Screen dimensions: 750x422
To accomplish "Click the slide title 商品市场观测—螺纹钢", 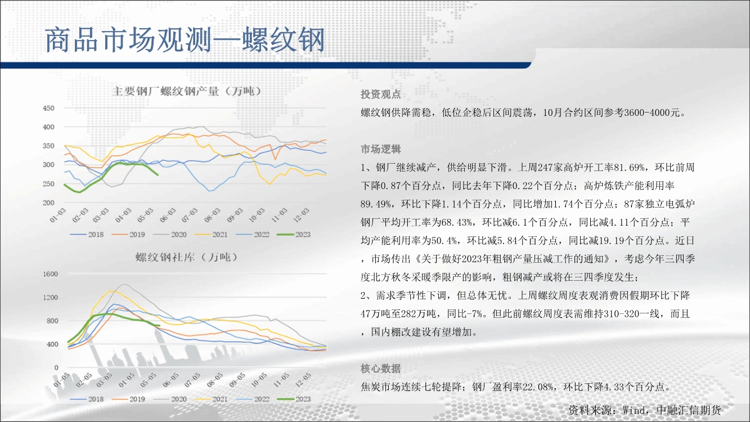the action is tap(185, 40).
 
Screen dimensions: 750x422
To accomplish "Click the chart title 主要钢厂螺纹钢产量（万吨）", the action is tap(187, 91).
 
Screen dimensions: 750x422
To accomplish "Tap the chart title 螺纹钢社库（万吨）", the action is tap(187, 257).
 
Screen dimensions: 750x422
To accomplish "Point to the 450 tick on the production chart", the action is tap(48, 108).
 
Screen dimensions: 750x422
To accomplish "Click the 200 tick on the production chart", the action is tap(48, 203).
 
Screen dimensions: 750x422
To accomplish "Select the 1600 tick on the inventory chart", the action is tap(51, 274).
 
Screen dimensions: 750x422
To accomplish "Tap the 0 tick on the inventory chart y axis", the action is tap(56, 367).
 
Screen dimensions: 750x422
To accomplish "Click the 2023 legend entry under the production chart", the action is tap(294, 235).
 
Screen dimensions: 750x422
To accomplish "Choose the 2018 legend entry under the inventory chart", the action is tap(87, 399).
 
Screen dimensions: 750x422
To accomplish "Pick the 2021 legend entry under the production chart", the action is tap(212, 235).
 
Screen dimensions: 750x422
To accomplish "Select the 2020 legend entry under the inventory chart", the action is tap(170, 399).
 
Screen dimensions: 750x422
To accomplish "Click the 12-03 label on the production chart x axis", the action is tap(302, 215).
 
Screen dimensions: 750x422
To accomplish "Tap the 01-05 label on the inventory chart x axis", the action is tap(61, 380).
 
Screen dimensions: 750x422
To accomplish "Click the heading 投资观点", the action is tap(381, 95).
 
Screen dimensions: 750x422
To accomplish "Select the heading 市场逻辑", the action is tap(381, 149).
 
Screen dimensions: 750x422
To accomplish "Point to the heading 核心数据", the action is tap(381, 369).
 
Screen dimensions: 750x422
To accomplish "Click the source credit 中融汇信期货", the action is tap(689, 410).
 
